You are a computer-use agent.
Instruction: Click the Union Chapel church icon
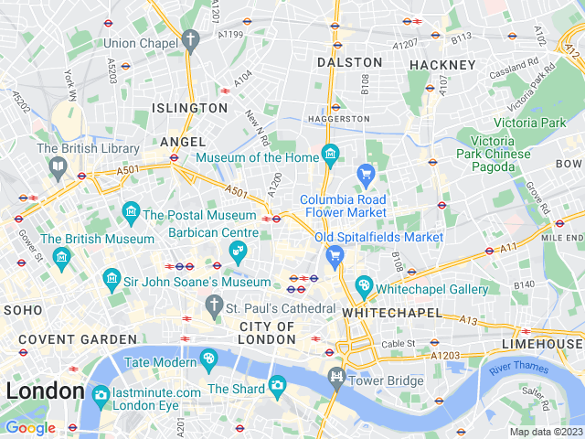click(190, 40)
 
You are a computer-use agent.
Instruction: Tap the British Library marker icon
click(58, 166)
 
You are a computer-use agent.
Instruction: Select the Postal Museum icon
click(131, 213)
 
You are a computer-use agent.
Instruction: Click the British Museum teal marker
click(61, 255)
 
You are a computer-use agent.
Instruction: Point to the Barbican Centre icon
click(238, 251)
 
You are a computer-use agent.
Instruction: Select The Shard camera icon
click(277, 387)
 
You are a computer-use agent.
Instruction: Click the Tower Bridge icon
click(336, 377)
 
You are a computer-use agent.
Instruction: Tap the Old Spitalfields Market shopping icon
click(335, 255)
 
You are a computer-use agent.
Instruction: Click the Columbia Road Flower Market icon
click(366, 173)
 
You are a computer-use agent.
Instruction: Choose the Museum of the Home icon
click(330, 153)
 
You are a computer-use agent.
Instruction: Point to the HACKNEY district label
click(442, 65)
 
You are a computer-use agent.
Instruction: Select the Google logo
click(30, 427)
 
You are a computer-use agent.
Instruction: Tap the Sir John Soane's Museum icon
click(112, 277)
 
